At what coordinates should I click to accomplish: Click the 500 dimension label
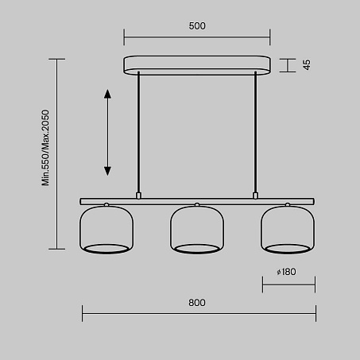point(197,26)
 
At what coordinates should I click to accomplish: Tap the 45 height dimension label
point(307,64)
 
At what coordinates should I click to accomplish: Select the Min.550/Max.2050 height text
point(45,148)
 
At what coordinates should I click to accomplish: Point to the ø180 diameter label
point(286,272)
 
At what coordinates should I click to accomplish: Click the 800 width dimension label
point(197,303)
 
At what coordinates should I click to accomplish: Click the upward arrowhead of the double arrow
point(107,94)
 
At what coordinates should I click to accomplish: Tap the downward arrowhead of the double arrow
point(107,171)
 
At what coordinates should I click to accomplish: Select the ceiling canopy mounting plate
point(197,65)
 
